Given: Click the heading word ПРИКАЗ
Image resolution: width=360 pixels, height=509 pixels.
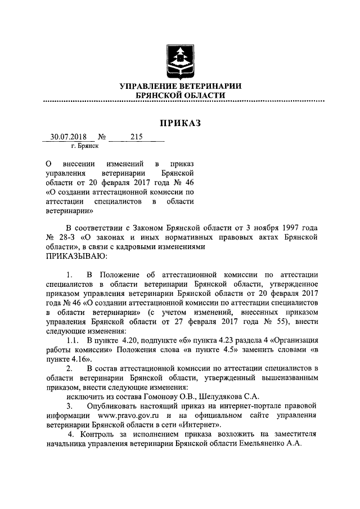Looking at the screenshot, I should click(180, 123).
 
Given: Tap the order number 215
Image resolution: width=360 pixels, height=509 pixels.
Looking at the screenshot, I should click(137, 137).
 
